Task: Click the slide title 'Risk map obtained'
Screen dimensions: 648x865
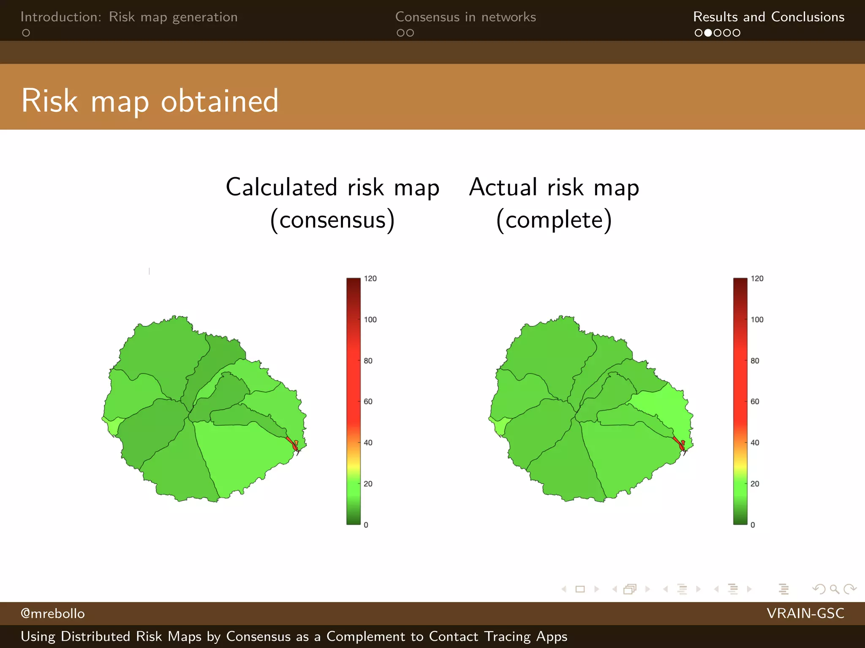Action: coord(150,101)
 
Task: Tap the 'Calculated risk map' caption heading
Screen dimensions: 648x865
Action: coord(332,187)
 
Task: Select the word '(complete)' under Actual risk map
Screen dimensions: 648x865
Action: coord(554,220)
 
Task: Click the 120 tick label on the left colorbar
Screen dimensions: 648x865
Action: coord(370,278)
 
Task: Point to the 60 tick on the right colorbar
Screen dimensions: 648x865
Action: coord(754,402)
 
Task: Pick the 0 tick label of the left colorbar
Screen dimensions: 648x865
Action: coord(366,525)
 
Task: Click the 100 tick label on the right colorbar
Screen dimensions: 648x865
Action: coord(756,319)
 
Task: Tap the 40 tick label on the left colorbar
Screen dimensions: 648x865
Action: coord(368,443)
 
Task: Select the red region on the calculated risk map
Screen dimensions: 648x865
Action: coord(291,443)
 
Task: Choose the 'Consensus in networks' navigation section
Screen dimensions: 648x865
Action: coord(465,17)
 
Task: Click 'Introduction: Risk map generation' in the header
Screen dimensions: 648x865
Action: coord(129,17)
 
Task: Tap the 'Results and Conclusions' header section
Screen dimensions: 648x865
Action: coord(768,17)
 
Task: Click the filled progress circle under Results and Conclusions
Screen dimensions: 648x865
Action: coord(708,33)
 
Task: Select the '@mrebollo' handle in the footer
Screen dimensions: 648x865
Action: coord(52,613)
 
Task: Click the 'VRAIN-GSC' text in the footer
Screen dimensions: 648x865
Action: coord(805,613)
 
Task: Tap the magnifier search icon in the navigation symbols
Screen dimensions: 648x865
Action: coord(834,589)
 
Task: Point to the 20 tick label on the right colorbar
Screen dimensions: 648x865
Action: coord(754,483)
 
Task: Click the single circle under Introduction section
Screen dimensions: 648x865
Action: coord(26,33)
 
